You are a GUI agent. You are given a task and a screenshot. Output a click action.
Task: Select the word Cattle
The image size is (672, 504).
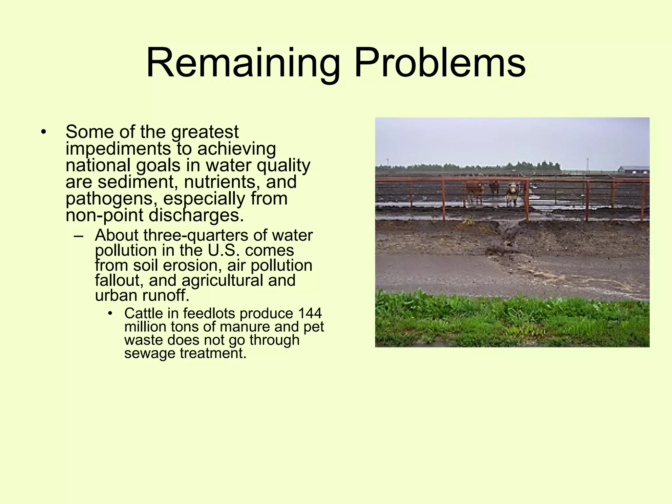pyautogui.click(x=143, y=313)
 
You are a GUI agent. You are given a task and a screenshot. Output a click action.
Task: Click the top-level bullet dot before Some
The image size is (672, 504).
pyautogui.click(x=43, y=132)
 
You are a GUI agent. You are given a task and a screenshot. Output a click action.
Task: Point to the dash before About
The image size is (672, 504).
pyautogui.click(x=78, y=236)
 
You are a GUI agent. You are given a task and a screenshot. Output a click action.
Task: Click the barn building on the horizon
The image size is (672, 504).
pyautogui.click(x=634, y=170)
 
